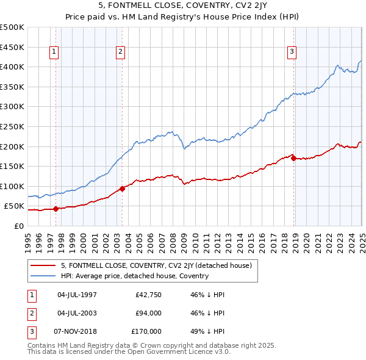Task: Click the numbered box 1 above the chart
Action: (54, 52)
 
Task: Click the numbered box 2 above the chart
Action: (121, 52)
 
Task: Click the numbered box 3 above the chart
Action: (292, 52)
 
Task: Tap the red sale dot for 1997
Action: (56, 209)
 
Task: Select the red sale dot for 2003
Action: (122, 189)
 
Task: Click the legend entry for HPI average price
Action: (135, 276)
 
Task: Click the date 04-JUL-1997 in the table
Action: (77, 295)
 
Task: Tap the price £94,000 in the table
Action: (149, 313)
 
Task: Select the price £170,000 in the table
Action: (147, 331)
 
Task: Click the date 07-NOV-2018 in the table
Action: (77, 331)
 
